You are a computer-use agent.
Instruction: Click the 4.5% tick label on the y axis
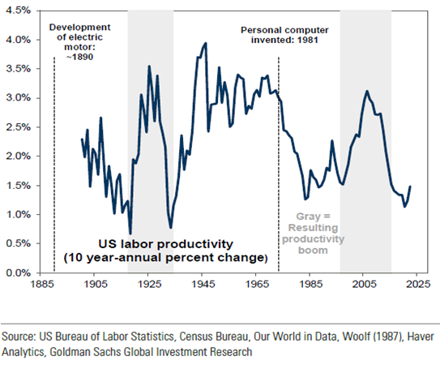pyautogui.click(x=19, y=11)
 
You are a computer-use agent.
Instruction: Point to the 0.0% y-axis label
pyautogui.click(x=19, y=273)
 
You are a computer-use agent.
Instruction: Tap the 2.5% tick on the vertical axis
pyautogui.click(x=19, y=127)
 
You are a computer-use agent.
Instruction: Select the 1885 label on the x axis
pyautogui.click(x=42, y=284)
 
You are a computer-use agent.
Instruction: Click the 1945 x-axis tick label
pyautogui.click(x=203, y=284)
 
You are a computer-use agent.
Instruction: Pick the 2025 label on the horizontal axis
pyautogui.click(x=418, y=284)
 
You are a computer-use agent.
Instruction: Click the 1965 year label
pyautogui.click(x=257, y=284)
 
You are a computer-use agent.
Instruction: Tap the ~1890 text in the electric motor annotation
pyautogui.click(x=79, y=57)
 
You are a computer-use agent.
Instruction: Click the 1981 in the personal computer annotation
pyautogui.click(x=308, y=40)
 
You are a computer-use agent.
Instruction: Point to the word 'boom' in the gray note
pyautogui.click(x=313, y=250)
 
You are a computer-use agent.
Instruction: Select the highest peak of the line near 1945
pyautogui.click(x=206, y=43)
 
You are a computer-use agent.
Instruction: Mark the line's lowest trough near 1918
pyautogui.click(x=130, y=234)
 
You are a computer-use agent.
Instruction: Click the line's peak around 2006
pyautogui.click(x=367, y=91)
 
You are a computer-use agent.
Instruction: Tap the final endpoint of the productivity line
pyautogui.click(x=410, y=186)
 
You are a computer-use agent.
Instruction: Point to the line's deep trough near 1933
pyautogui.click(x=171, y=227)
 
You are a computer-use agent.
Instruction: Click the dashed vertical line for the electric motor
pyautogui.click(x=54, y=165)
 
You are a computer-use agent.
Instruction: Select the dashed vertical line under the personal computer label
pyautogui.click(x=279, y=165)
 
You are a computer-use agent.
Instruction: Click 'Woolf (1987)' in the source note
pyautogui.click(x=374, y=337)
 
